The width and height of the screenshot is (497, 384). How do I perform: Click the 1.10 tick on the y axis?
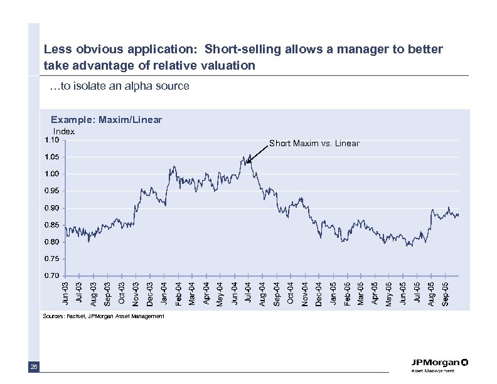tap(52, 140)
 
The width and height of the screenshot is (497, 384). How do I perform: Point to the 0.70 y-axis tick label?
tap(52, 275)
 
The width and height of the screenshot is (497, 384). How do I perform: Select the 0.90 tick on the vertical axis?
tap(52, 208)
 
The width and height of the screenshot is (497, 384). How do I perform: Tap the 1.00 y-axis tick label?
tap(52, 174)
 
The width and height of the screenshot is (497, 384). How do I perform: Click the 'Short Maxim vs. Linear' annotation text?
tap(314, 144)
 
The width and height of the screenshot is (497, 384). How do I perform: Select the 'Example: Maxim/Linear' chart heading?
tap(106, 119)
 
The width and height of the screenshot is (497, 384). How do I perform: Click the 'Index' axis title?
tap(63, 131)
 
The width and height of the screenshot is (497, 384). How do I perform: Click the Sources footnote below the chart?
tap(103, 316)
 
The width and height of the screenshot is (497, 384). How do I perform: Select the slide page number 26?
tap(33, 367)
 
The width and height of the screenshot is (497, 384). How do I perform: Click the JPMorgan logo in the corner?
tap(439, 364)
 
